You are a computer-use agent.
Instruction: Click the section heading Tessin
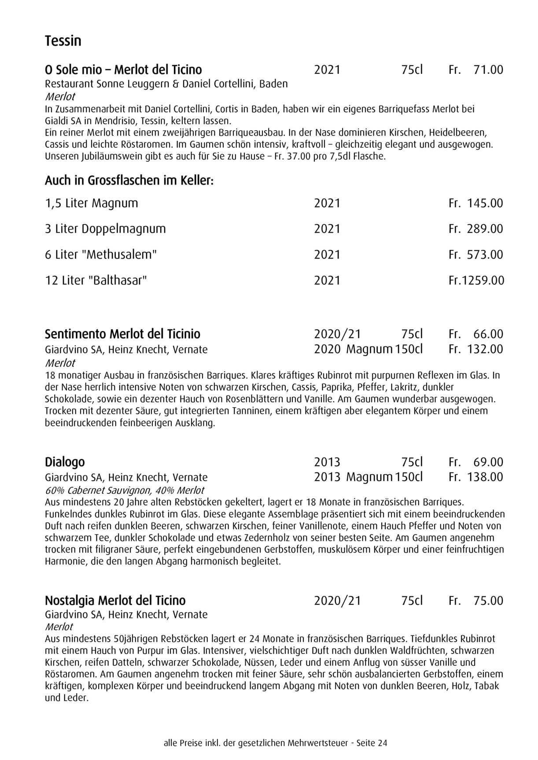(63, 41)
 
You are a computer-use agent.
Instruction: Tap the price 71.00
(488, 70)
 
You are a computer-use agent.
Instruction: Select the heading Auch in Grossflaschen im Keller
(129, 181)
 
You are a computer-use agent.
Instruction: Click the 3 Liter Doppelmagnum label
(105, 229)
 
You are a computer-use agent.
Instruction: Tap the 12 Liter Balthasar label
(96, 280)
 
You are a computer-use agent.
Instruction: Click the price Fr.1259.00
(476, 280)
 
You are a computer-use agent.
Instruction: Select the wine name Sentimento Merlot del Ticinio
(122, 334)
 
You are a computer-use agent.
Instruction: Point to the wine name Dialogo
(65, 462)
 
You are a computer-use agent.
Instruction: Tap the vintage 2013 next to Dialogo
(327, 462)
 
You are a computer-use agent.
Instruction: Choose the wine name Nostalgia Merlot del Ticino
(115, 601)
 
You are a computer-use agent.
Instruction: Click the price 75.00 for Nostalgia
(488, 601)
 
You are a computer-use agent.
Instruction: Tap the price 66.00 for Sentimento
(488, 334)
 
